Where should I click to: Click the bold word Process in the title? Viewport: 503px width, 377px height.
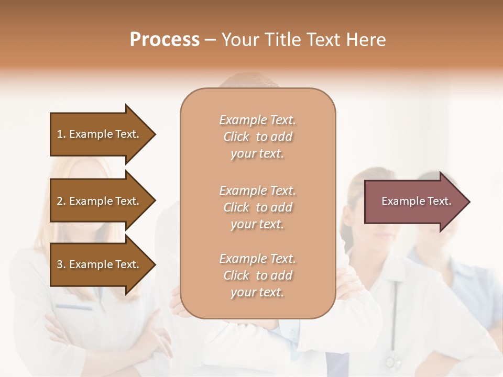coord(165,40)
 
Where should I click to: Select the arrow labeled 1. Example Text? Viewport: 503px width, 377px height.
coord(100,134)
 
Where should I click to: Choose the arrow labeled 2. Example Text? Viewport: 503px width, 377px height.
coord(100,201)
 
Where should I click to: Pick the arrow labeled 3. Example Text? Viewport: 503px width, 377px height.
coord(100,264)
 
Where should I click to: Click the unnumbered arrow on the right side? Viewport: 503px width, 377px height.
coord(414,201)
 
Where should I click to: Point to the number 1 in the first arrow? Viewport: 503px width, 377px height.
coord(60,134)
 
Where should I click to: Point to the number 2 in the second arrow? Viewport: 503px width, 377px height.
coord(60,201)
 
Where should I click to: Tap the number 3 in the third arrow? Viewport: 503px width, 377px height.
coord(60,264)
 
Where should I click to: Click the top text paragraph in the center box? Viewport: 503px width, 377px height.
coord(257,137)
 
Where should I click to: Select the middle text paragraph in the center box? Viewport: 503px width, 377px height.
coord(257,207)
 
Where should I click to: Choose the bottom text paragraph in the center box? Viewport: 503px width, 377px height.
coord(257,275)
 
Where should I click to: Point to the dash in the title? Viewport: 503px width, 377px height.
coord(210,40)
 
